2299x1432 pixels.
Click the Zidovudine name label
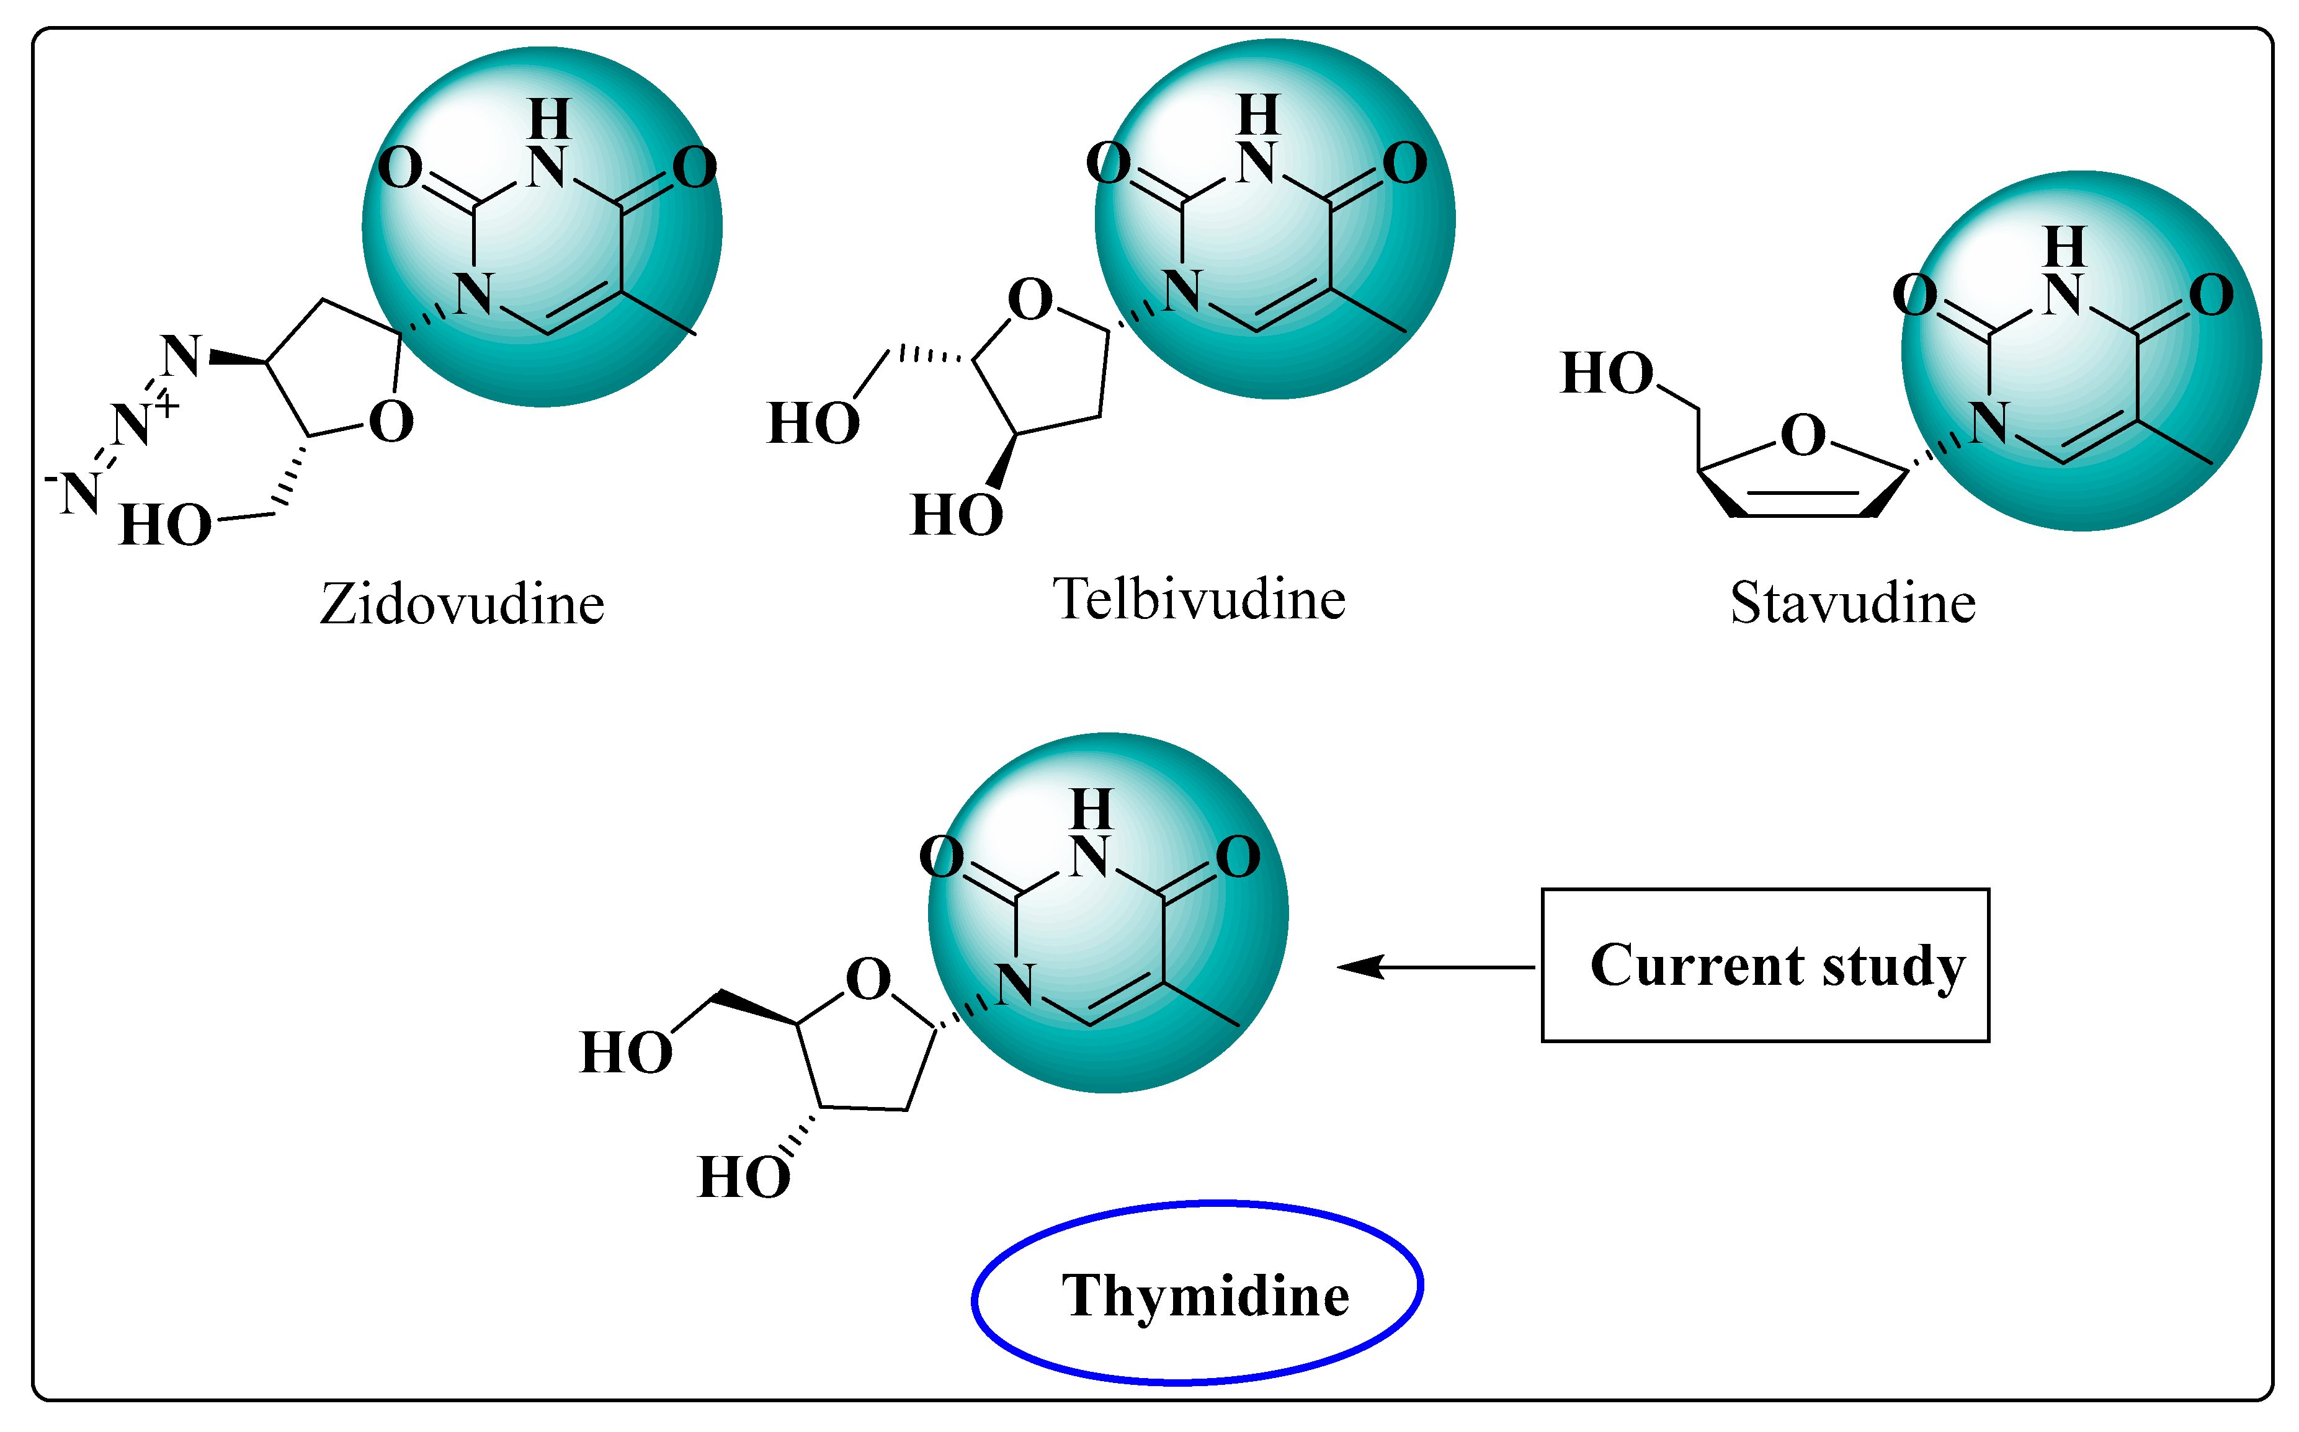pyautogui.click(x=462, y=604)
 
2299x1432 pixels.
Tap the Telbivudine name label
pyautogui.click(x=1199, y=600)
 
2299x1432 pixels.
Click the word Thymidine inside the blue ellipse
pyautogui.click(x=1205, y=1296)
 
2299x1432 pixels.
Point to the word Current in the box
pyautogui.click(x=1695, y=966)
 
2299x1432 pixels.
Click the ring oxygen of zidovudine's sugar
pyautogui.click(x=390, y=422)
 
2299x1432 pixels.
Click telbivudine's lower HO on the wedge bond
pyautogui.click(x=957, y=516)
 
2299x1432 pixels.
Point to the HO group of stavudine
pyautogui.click(x=1607, y=373)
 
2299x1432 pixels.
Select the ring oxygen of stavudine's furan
pyautogui.click(x=1803, y=435)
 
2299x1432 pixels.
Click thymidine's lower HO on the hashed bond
pyautogui.click(x=744, y=1178)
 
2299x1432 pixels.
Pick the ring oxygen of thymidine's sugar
pyautogui.click(x=868, y=979)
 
